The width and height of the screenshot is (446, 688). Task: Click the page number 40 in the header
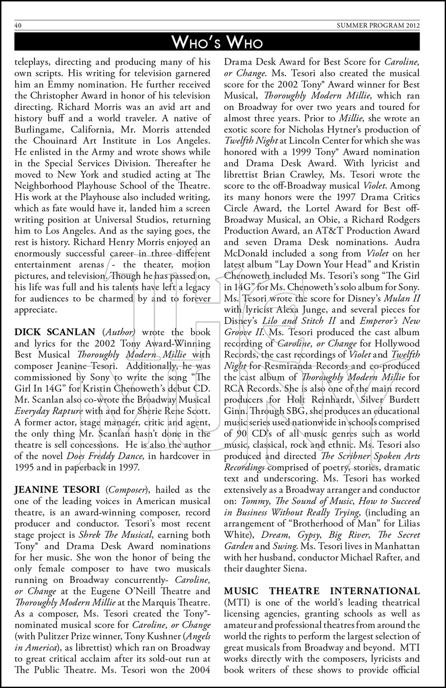(x=18, y=25)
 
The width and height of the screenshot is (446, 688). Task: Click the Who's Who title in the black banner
(x=217, y=43)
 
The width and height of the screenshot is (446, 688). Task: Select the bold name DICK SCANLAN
(x=55, y=332)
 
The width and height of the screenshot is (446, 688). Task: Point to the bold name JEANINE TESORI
(x=57, y=490)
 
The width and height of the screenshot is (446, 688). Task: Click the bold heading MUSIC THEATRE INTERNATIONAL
(x=322, y=591)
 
